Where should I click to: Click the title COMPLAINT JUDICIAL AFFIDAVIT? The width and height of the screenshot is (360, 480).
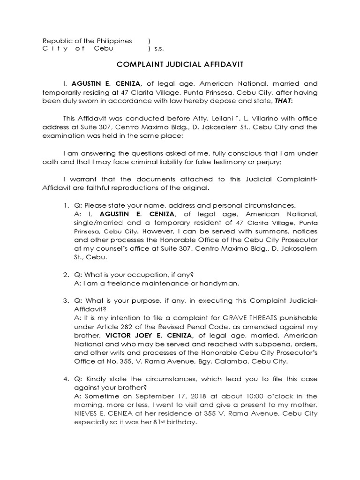pyautogui.click(x=180, y=66)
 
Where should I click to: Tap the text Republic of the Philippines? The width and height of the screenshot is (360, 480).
pyautogui.click(x=87, y=41)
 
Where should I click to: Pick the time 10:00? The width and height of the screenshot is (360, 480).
pyautogui.click(x=241, y=396)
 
